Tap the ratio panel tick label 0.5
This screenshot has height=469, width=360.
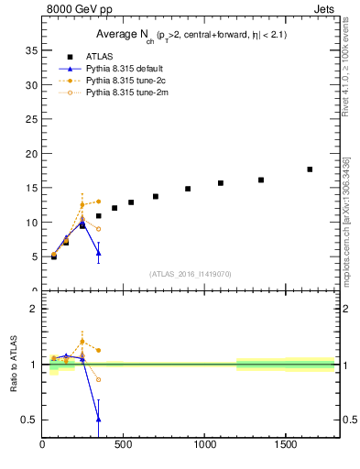pyautogui.click(x=29, y=420)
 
